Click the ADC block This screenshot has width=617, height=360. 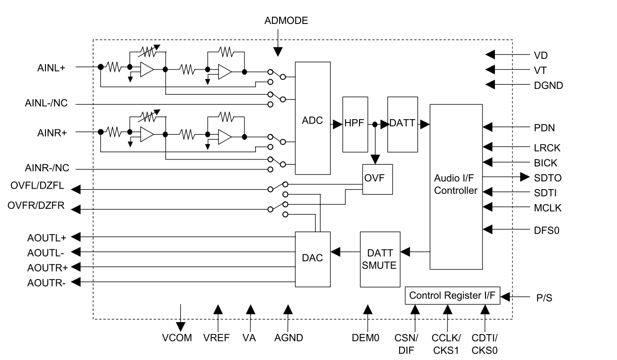pyautogui.click(x=313, y=118)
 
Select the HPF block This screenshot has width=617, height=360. pyautogui.click(x=355, y=124)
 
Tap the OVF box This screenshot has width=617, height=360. pyautogui.click(x=377, y=179)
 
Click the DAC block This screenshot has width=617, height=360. pyautogui.click(x=313, y=259)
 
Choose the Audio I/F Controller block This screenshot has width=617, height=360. pyautogui.click(x=456, y=186)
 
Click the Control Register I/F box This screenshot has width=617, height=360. pyautogui.click(x=452, y=295)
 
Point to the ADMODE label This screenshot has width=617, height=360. pyautogui.click(x=286, y=21)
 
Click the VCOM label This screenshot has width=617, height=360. pyautogui.click(x=178, y=338)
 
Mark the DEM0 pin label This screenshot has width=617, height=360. pyautogui.click(x=367, y=338)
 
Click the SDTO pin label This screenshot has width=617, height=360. pyautogui.click(x=547, y=178)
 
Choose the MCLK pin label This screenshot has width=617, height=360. pyautogui.click(x=548, y=208)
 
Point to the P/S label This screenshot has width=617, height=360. pyautogui.click(x=544, y=298)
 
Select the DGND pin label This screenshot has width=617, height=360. pyautogui.click(x=548, y=86)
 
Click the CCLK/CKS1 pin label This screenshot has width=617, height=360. pyautogui.click(x=445, y=344)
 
